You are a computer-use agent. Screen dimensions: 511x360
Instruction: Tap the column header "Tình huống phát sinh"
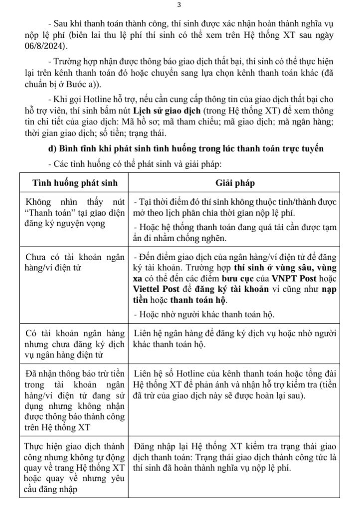point(75,183)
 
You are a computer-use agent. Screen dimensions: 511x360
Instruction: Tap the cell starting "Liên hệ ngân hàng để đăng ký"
point(235,338)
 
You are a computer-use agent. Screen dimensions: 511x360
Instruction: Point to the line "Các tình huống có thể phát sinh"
point(135,163)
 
